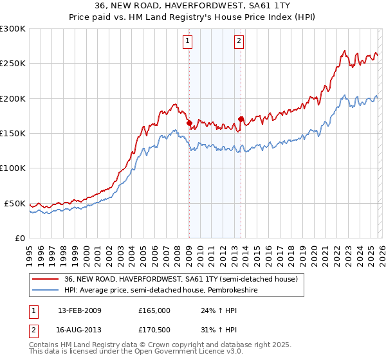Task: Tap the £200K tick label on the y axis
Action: pyautogui.click(x=13, y=98)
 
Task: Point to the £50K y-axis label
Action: pyautogui.click(x=15, y=203)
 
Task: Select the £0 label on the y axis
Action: pyautogui.click(x=19, y=238)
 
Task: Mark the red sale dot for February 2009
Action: pyautogui.click(x=189, y=123)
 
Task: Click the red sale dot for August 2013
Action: pyautogui.click(x=241, y=119)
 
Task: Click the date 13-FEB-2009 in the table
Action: pyautogui.click(x=80, y=310)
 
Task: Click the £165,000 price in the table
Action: pyautogui.click(x=154, y=310)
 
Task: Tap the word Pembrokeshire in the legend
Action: pyautogui.click(x=243, y=291)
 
